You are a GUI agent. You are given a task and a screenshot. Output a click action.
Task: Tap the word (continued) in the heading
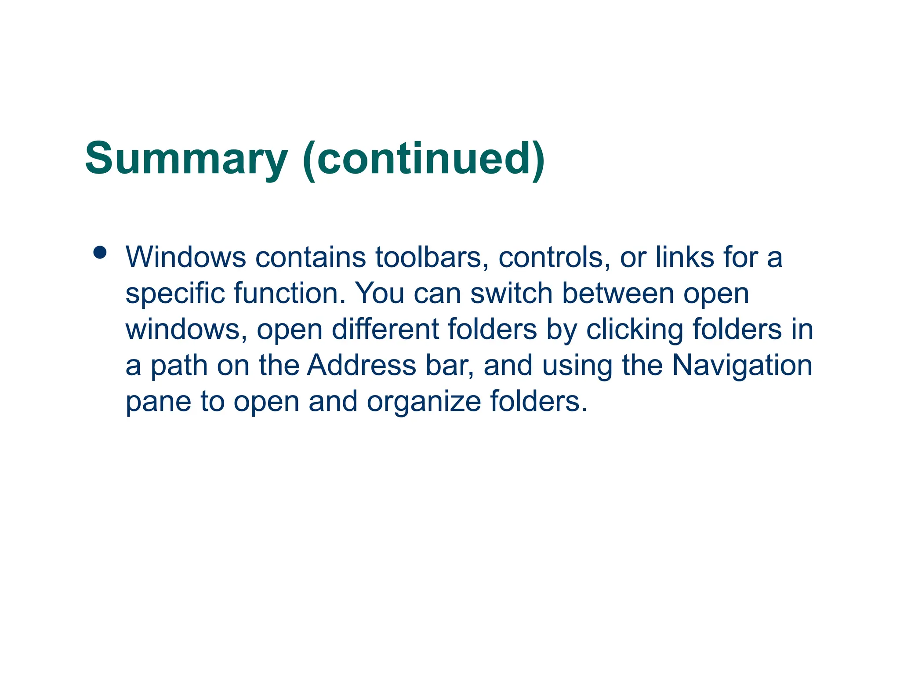[x=424, y=159]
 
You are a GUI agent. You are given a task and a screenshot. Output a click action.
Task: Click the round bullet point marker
[x=100, y=252]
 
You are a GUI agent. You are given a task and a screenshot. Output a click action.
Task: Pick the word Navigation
[x=742, y=366]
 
